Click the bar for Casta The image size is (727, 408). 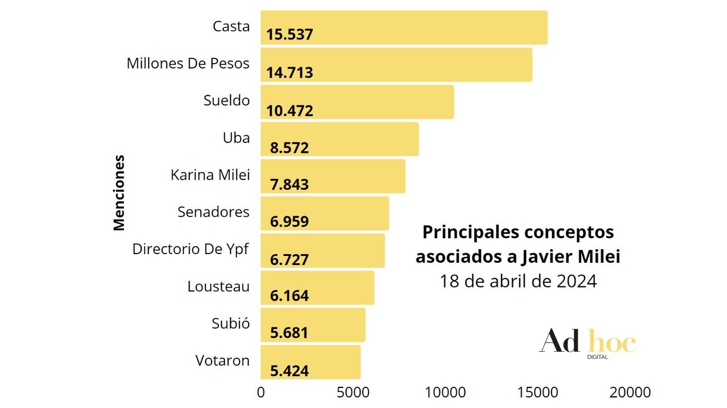(x=404, y=28)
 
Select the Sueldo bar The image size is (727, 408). (x=357, y=102)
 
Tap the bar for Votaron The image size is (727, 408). (x=311, y=362)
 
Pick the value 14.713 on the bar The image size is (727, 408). (x=289, y=72)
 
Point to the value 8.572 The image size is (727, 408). (x=289, y=148)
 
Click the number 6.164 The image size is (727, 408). (x=289, y=295)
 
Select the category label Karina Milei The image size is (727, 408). (x=210, y=175)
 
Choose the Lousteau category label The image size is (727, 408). (x=219, y=286)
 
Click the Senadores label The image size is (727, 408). (x=214, y=212)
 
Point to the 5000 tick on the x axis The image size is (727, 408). (x=353, y=393)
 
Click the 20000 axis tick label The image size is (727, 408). (x=630, y=393)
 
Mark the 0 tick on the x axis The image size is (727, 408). (x=261, y=393)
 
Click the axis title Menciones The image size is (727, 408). (x=119, y=193)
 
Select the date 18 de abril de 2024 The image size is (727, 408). (x=518, y=281)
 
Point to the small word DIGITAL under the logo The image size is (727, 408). (x=598, y=357)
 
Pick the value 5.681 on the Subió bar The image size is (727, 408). (x=289, y=333)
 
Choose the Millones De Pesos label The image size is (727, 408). (x=188, y=63)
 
